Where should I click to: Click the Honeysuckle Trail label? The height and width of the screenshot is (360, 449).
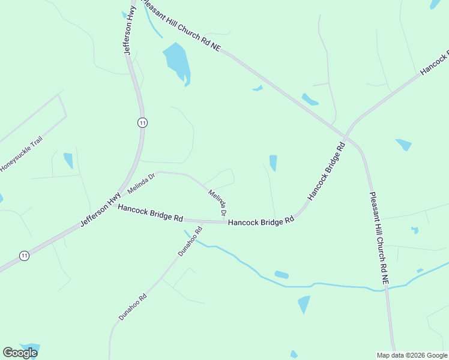(x=22, y=155)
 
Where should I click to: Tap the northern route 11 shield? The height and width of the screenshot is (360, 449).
(x=142, y=122)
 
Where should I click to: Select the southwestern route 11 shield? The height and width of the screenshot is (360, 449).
(x=23, y=256)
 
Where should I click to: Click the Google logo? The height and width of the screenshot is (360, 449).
(x=20, y=353)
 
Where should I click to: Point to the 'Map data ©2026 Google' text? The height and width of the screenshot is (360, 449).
(x=412, y=355)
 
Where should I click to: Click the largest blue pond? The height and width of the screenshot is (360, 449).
(x=177, y=62)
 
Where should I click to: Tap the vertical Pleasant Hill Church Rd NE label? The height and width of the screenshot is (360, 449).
(x=379, y=238)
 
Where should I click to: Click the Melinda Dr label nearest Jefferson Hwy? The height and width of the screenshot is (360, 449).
(x=142, y=183)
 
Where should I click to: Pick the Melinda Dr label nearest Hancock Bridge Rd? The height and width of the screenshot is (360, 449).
(x=218, y=203)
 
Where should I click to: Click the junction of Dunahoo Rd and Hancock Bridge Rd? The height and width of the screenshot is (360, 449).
(x=202, y=221)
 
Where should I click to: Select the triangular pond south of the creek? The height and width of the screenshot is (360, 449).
(x=304, y=304)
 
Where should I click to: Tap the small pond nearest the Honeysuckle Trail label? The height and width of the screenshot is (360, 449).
(x=68, y=160)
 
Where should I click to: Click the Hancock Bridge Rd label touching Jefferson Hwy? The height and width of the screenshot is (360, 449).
(x=150, y=213)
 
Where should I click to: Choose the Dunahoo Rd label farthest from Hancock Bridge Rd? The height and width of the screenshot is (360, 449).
(x=133, y=306)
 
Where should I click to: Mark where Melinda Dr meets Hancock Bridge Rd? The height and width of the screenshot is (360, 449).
(x=226, y=222)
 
